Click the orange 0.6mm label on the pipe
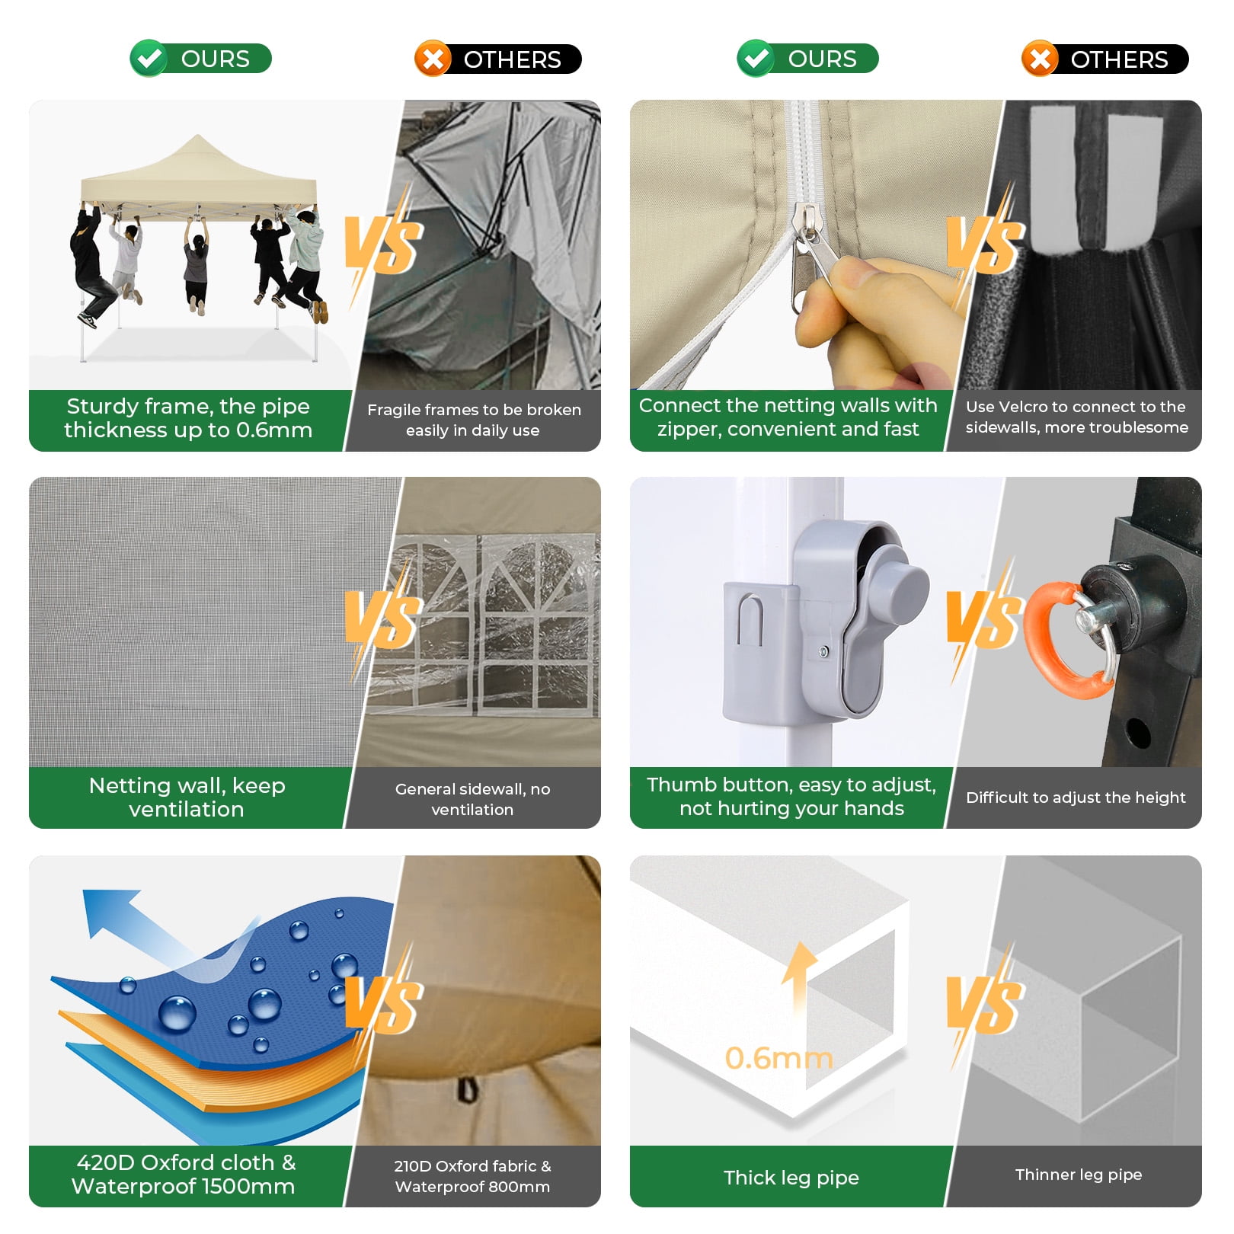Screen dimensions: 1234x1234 tap(778, 1057)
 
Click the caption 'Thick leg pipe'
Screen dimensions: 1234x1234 tap(791, 1178)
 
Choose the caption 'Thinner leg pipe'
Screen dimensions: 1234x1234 tap(1078, 1175)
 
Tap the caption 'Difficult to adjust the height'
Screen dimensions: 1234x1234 tap(1076, 798)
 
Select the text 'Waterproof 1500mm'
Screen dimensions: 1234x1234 tap(183, 1186)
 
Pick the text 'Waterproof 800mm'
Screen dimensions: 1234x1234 tap(472, 1187)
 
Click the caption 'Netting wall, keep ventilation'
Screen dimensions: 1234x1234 tap(187, 797)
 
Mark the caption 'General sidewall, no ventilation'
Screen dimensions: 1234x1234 tap(472, 799)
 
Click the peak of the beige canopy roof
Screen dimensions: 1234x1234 tap(198, 136)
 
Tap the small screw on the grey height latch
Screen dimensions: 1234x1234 tap(823, 652)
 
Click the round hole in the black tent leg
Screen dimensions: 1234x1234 tap(1138, 733)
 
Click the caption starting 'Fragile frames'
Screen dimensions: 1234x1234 tap(473, 420)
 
